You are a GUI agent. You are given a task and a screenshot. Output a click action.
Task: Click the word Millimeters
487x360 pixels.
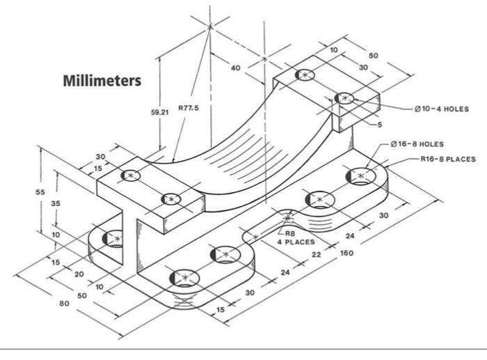pyautogui.click(x=102, y=81)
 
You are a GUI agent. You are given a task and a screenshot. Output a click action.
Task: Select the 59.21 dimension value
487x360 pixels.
pyautogui.click(x=160, y=110)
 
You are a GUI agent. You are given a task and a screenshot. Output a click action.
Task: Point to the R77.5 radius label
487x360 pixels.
pyautogui.click(x=189, y=108)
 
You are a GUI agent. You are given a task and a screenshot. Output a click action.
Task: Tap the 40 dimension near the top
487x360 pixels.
pyautogui.click(x=235, y=68)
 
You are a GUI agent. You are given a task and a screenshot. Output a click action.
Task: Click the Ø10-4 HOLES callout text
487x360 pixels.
pyautogui.click(x=442, y=109)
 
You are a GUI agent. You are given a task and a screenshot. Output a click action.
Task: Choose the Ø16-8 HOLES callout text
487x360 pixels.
pyautogui.click(x=417, y=144)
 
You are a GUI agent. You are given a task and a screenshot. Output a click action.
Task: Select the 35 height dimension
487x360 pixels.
pyautogui.click(x=59, y=203)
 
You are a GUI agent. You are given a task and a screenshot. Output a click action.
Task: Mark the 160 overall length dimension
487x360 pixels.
pyautogui.click(x=346, y=253)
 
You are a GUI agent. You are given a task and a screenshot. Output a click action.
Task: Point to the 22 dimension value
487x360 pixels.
pyautogui.click(x=317, y=256)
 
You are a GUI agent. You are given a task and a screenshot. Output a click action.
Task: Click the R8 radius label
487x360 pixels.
pyautogui.click(x=291, y=234)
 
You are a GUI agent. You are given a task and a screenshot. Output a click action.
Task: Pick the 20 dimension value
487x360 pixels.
pyautogui.click(x=79, y=274)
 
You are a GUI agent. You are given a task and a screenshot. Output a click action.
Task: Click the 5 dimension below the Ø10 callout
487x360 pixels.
pyautogui.click(x=380, y=125)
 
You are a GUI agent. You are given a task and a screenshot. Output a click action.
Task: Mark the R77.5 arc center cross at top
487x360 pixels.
pyautogui.click(x=209, y=26)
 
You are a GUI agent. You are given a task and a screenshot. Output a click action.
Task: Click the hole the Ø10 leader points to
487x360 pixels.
pyautogui.click(x=344, y=99)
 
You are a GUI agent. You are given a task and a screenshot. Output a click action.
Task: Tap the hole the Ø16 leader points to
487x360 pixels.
pyautogui.click(x=360, y=175)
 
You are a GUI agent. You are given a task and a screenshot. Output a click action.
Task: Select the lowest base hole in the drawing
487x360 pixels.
pyautogui.click(x=184, y=278)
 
